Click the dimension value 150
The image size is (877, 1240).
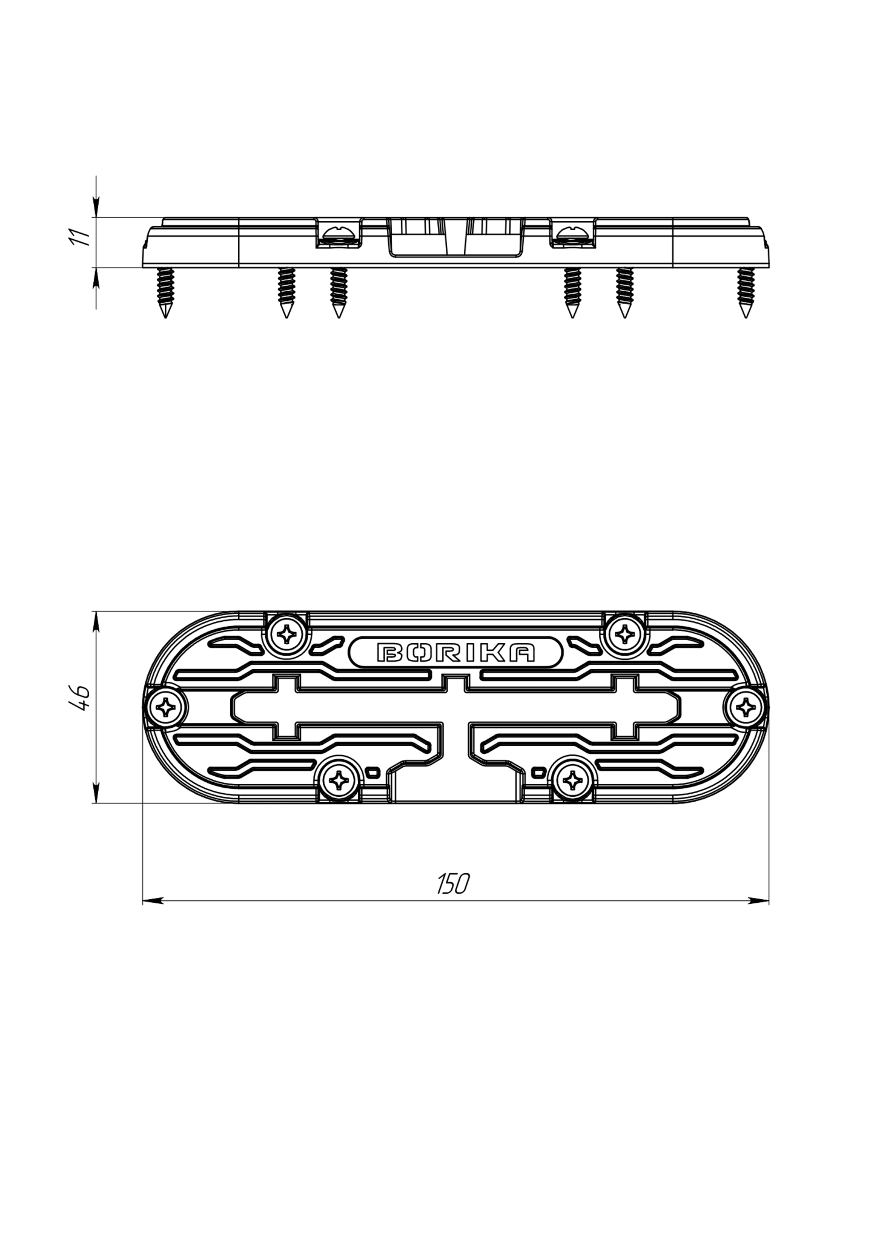tap(453, 884)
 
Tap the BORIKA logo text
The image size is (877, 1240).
tap(456, 652)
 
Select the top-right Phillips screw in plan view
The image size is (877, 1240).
tap(624, 634)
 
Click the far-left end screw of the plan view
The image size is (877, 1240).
tap(164, 707)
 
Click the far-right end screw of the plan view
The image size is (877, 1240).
tap(746, 707)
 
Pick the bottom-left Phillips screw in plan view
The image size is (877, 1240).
tap(337, 781)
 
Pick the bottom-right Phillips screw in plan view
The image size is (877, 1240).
tap(571, 781)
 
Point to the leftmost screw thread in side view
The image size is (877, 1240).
tap(165, 291)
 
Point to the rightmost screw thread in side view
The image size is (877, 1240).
tap(746, 291)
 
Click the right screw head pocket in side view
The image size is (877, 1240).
tap(573, 234)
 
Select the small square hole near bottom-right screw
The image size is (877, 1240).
tap(538, 772)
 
